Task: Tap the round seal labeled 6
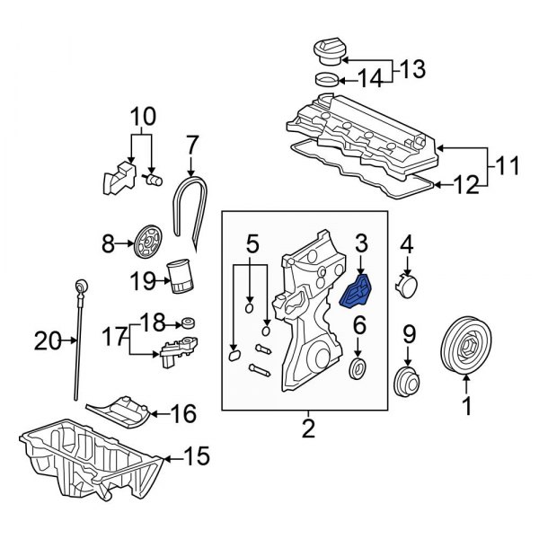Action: (x=358, y=368)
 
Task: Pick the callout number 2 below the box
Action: (x=308, y=429)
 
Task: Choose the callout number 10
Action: (x=144, y=117)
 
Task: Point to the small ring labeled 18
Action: (x=188, y=323)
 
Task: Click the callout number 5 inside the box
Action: (x=252, y=243)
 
